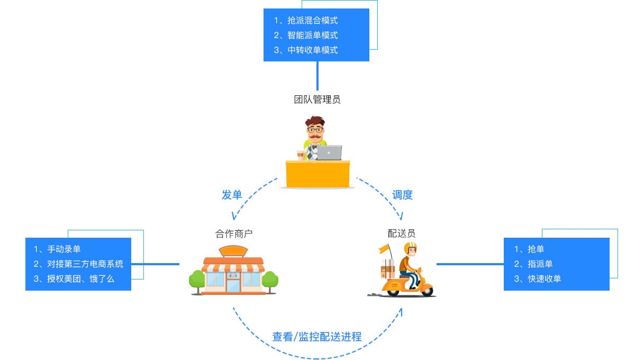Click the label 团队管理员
317,99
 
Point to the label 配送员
402,233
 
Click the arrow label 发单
232,195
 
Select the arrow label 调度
402,195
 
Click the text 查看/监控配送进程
317,336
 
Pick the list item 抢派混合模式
312,21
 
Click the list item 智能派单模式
312,35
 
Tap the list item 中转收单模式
312,50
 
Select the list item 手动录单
63,249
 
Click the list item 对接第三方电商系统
85,264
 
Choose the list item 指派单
540,264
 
